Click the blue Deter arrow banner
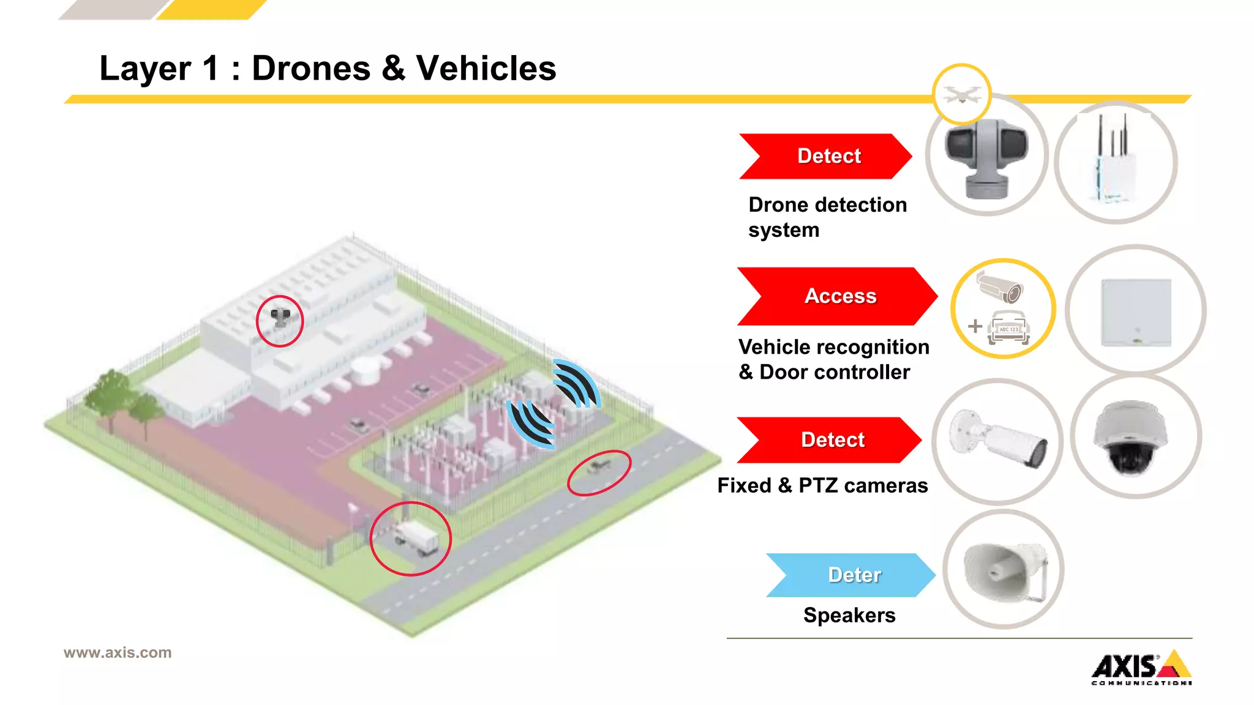(851, 575)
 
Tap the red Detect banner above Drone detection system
(827, 156)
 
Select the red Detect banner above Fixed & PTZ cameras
(830, 439)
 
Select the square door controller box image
(1136, 312)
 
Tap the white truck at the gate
(416, 538)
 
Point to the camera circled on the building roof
(280, 318)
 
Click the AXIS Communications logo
(1141, 668)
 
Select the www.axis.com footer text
(118, 652)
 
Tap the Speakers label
(849, 615)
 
